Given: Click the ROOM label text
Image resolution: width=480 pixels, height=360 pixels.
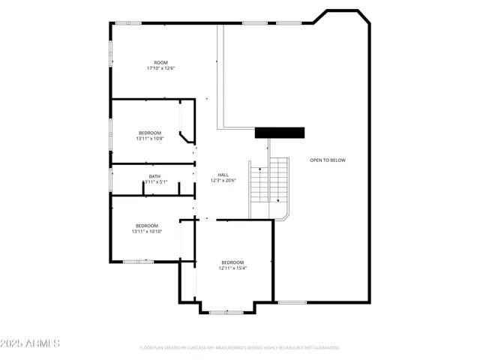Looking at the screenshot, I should [160, 62].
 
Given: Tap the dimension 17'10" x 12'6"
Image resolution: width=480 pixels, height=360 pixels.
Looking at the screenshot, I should [160, 68].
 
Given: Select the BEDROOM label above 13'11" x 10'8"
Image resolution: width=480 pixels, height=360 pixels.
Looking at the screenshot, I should [149, 133].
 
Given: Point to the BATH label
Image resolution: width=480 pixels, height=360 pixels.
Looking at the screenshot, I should [154, 176].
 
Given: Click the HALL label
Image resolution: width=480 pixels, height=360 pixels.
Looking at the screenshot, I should [223, 175].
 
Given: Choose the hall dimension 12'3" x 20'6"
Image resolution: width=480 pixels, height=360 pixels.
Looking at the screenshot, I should [223, 181].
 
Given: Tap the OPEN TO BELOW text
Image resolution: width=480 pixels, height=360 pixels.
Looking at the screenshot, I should [328, 160].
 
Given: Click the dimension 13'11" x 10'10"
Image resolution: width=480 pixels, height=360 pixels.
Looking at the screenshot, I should [147, 232].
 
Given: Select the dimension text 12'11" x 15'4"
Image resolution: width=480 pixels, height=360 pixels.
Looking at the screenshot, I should [232, 268].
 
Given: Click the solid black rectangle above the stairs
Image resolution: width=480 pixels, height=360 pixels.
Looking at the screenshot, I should [280, 133].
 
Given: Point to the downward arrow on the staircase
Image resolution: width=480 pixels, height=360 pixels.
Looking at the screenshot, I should [278, 199].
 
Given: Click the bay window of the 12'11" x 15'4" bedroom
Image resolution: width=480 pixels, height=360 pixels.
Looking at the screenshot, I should [226, 312].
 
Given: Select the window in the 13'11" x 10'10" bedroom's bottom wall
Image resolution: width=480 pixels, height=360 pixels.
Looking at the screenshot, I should [138, 262].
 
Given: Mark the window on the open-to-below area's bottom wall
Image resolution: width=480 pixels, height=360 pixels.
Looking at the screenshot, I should [292, 302].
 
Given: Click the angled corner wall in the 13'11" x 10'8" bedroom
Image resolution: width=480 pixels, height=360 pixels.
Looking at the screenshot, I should [185, 138].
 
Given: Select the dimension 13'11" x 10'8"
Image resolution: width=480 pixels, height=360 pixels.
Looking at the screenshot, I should [149, 139].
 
